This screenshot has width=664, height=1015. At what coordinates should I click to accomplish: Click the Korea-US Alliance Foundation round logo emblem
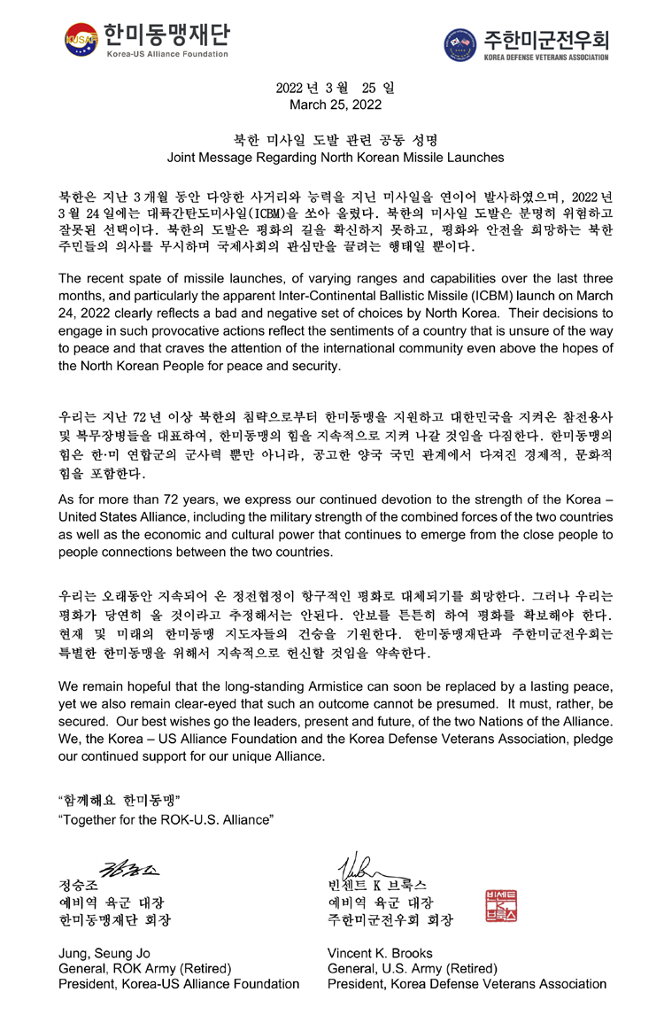(x=81, y=39)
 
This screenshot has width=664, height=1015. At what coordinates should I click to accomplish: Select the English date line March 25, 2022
(x=336, y=105)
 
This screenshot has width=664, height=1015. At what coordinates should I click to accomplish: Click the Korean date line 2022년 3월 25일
(x=336, y=88)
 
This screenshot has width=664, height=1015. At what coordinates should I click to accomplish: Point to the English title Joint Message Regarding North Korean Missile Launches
(x=336, y=158)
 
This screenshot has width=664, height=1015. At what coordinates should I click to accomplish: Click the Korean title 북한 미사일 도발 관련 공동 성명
(x=336, y=140)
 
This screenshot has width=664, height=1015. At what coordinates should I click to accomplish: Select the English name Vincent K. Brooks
(x=380, y=953)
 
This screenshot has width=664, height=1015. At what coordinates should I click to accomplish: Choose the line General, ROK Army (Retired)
(x=144, y=968)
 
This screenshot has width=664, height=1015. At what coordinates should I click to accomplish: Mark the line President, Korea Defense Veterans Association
(x=467, y=984)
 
